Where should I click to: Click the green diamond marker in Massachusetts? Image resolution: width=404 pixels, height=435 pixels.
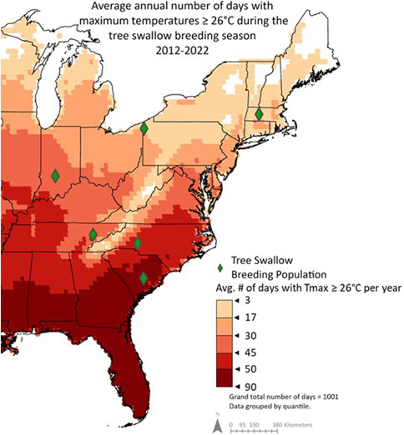259,114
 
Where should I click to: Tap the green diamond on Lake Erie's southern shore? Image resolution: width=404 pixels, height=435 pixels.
144,128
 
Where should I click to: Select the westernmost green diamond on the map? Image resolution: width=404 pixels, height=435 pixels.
55,175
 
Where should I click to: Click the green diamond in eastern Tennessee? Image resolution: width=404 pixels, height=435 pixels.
93,234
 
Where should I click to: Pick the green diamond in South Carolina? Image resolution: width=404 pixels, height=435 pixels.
144,277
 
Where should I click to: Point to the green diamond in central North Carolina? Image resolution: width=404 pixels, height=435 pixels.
138,243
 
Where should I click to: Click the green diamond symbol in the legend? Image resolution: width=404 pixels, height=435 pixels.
220,267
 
